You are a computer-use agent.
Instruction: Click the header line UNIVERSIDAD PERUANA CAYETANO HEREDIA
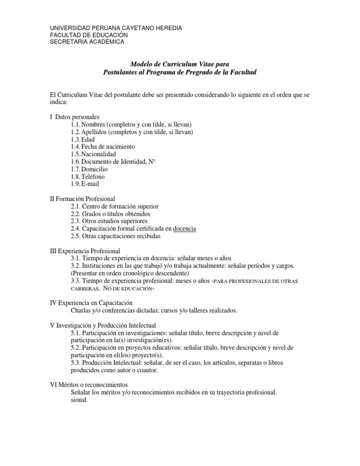[116, 28]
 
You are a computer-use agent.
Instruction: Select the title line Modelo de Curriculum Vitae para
[180, 64]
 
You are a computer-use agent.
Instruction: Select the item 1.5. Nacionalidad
[93, 154]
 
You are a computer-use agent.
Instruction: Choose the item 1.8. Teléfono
[88, 176]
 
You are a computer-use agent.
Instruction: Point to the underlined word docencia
[185, 229]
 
